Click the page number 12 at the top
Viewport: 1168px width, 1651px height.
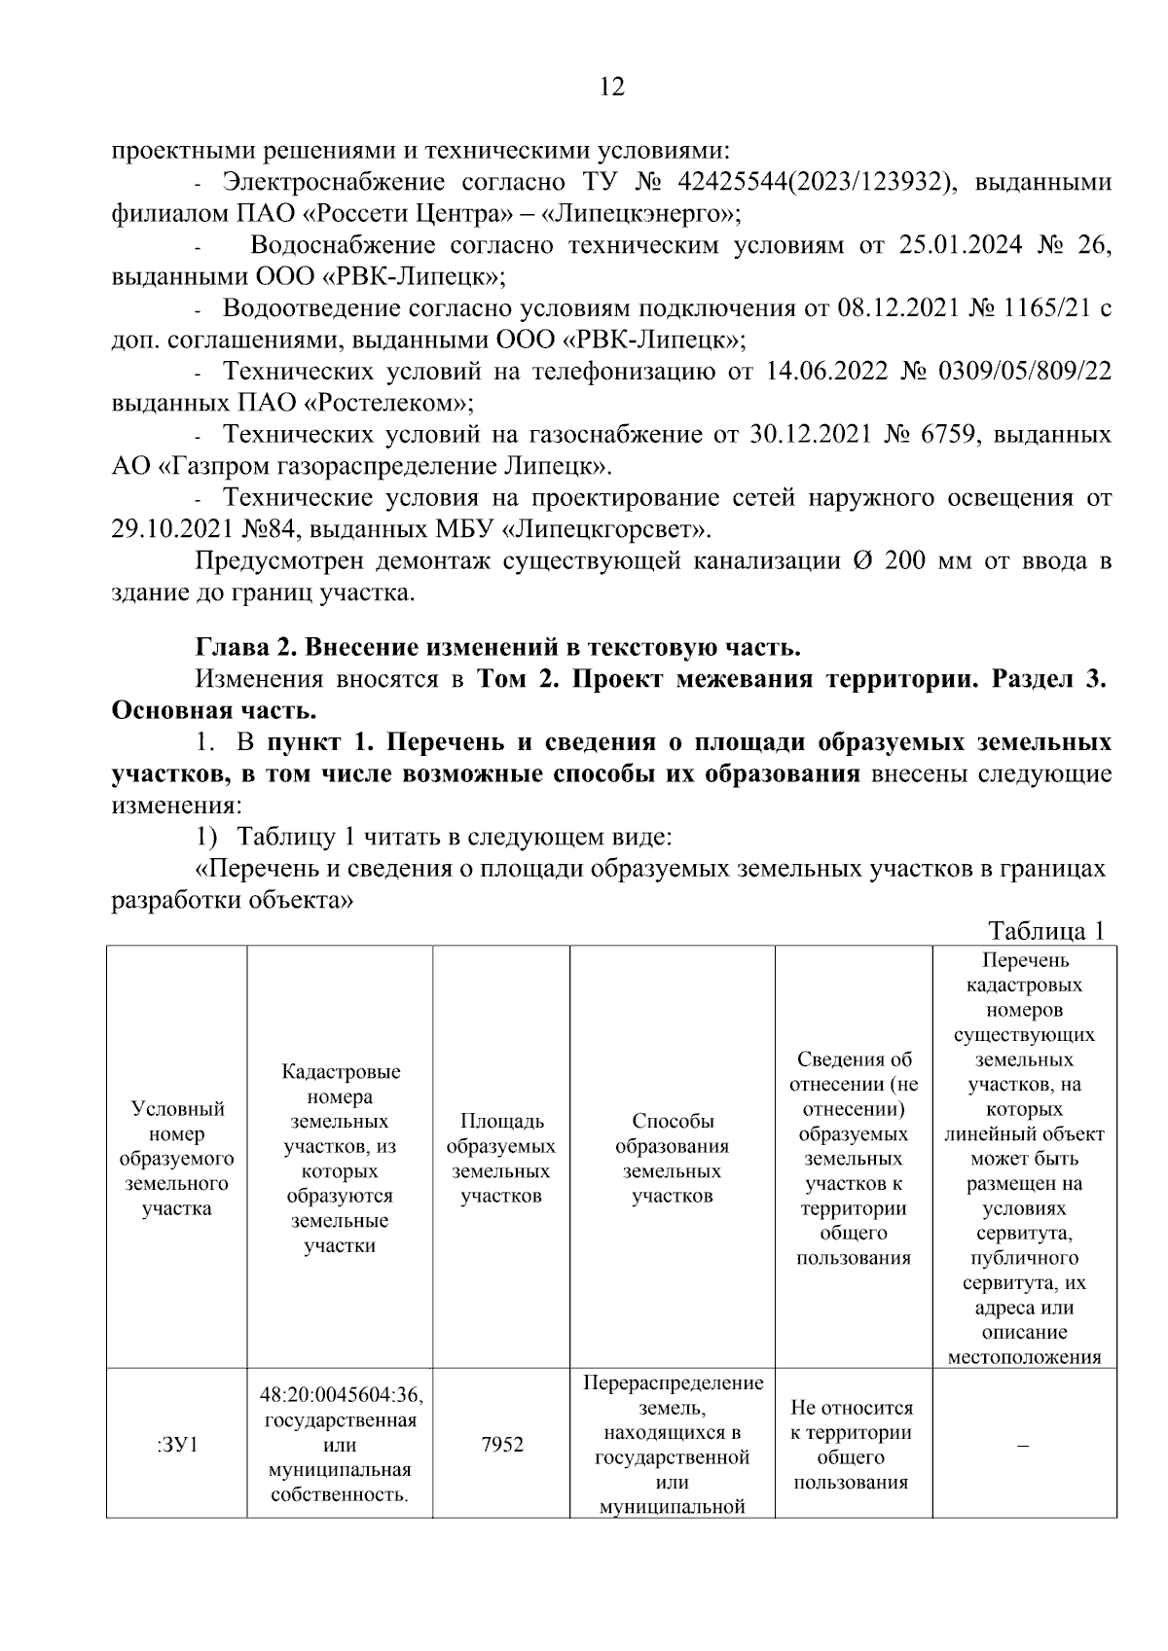[x=612, y=88]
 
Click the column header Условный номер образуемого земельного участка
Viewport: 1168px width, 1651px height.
[x=176, y=1158]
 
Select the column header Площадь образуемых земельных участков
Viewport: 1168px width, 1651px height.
[x=500, y=1158]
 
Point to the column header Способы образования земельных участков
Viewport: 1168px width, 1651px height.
[x=672, y=1158]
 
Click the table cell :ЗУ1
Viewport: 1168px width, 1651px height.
[x=176, y=1445]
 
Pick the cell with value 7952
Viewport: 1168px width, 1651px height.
[x=501, y=1445]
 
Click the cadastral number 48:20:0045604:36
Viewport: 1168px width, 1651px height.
[x=341, y=1395]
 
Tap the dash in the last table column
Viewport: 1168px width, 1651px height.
[x=1023, y=1445]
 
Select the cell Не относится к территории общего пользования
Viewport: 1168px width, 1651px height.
[x=852, y=1445]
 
